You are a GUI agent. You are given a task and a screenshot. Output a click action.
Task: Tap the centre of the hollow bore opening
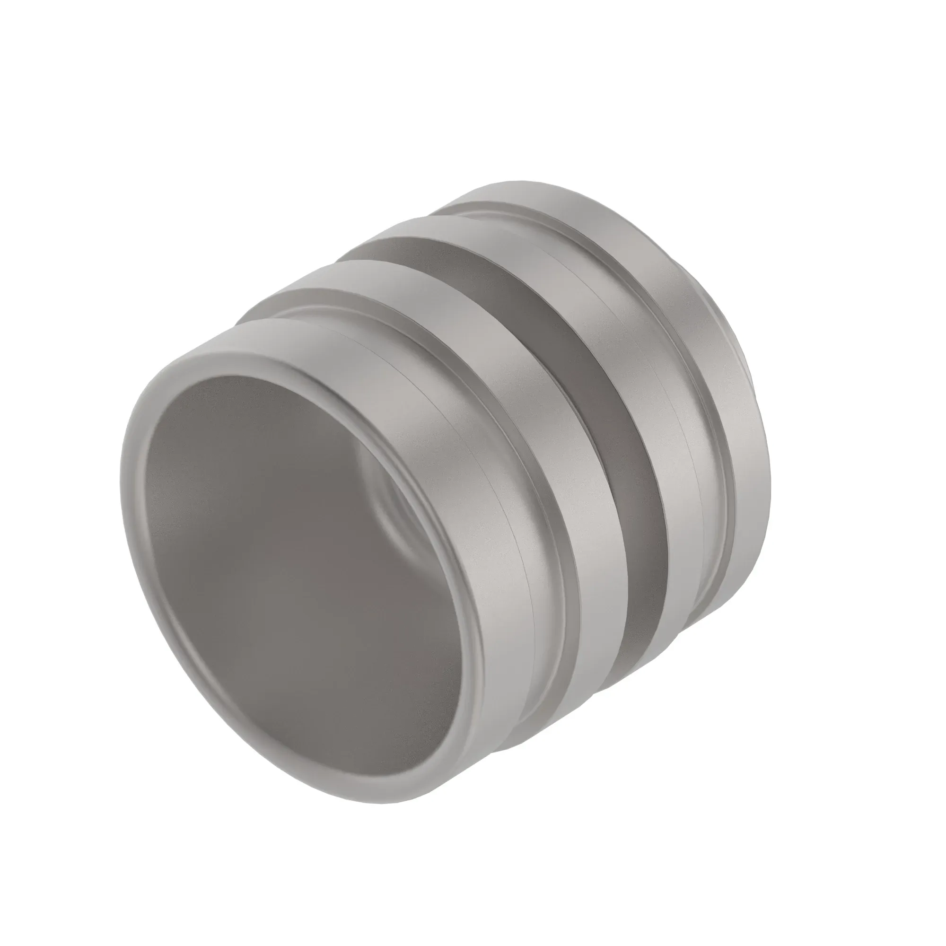pos(294,563)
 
